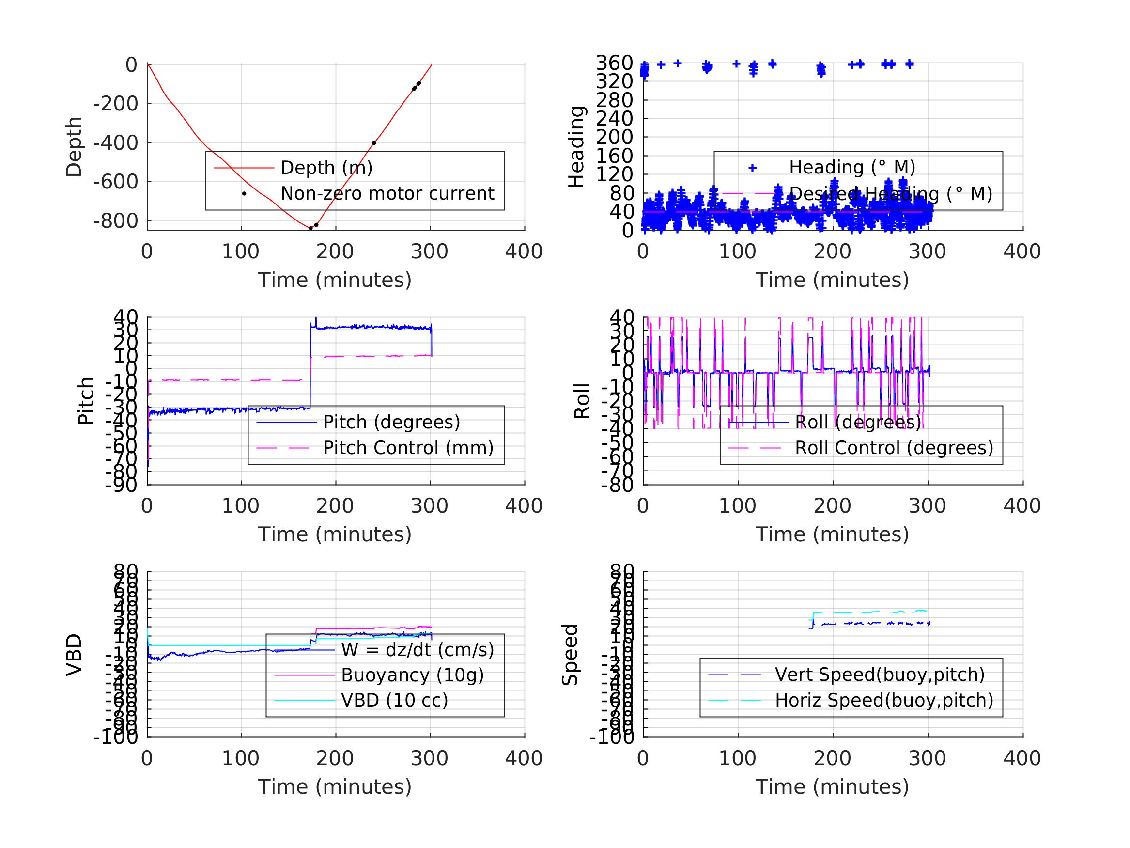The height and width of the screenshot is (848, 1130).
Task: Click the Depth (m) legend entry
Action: (326, 168)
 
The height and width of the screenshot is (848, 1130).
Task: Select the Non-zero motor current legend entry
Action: (387, 194)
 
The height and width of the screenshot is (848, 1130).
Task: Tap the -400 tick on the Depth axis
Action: (116, 143)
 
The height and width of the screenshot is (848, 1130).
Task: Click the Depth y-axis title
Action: (74, 147)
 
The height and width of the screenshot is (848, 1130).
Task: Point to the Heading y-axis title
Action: (576, 147)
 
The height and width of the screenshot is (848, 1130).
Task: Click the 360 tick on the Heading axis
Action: (615, 63)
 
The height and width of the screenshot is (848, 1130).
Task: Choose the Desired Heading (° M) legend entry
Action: (890, 194)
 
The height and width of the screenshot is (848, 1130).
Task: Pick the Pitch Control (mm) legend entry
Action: (408, 448)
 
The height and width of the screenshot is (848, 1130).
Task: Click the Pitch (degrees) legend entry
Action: (391, 422)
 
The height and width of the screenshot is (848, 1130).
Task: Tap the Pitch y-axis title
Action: (86, 401)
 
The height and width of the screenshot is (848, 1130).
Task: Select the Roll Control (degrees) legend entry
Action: (894, 448)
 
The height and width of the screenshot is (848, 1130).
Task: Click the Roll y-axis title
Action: (582, 401)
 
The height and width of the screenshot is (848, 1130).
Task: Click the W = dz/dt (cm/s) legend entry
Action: (418, 650)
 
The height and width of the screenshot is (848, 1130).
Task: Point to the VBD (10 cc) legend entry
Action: (394, 700)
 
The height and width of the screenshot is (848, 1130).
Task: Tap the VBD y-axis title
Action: (74, 655)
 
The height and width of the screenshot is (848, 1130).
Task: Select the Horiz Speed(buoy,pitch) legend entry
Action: (884, 700)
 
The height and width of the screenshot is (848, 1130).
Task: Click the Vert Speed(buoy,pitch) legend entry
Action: (880, 674)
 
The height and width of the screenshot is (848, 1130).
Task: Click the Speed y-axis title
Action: (570, 655)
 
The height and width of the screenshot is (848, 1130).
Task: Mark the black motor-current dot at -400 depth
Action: (374, 143)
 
